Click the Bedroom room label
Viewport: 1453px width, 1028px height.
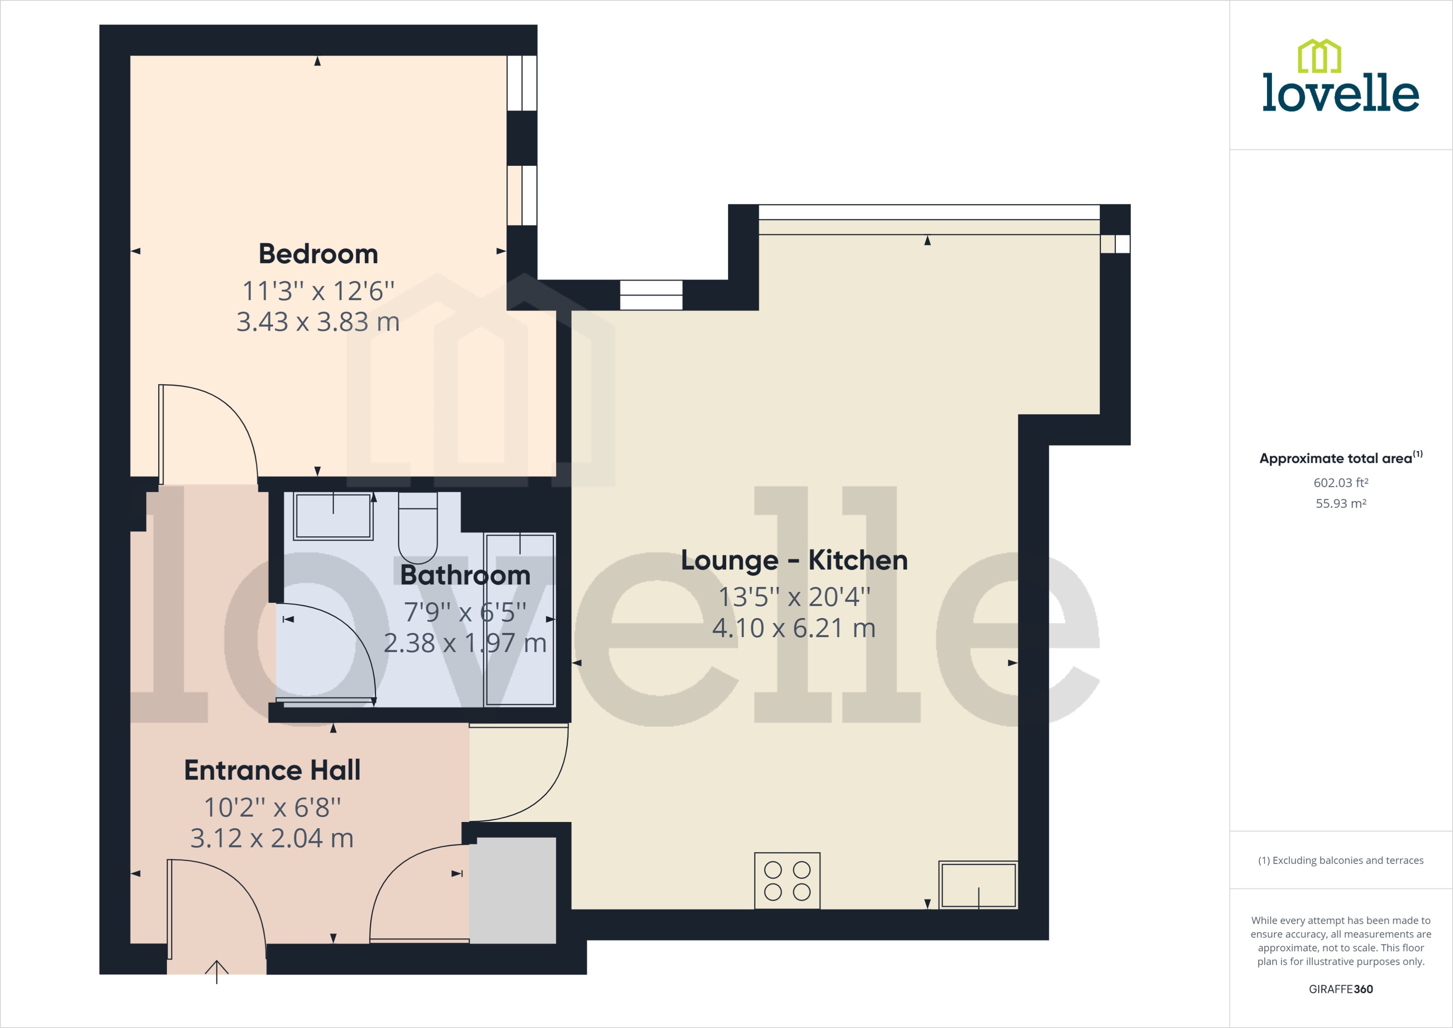[318, 254]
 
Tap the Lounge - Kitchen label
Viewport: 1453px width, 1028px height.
[794, 560]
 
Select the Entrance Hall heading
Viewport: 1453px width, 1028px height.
[272, 770]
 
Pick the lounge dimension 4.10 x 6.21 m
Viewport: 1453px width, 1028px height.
[794, 628]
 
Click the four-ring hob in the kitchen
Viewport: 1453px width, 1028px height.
[787, 881]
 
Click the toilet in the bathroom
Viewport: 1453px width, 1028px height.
[418, 529]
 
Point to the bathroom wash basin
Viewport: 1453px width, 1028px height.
[333, 515]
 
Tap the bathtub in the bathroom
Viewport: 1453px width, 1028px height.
[520, 619]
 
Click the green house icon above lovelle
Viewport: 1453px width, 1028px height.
[1319, 56]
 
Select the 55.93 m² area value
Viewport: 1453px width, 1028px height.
[1340, 504]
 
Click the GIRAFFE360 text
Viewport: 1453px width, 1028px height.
[1340, 989]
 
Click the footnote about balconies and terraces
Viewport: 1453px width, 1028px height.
[1340, 860]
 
